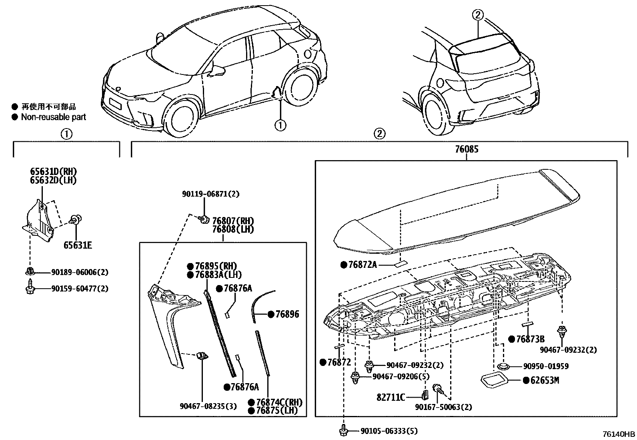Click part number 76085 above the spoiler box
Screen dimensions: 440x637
point(466,150)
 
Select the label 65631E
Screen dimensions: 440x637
point(77,245)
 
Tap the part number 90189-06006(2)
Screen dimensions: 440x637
point(80,272)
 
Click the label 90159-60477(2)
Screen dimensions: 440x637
point(80,288)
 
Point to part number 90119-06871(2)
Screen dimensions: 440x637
point(210,194)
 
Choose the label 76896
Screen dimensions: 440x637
point(287,314)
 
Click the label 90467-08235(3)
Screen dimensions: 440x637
point(208,406)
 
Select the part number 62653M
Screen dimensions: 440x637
point(545,380)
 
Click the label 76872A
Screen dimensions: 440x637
point(363,265)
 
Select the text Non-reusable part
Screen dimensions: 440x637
point(53,117)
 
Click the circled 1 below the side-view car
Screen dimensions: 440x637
point(280,125)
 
